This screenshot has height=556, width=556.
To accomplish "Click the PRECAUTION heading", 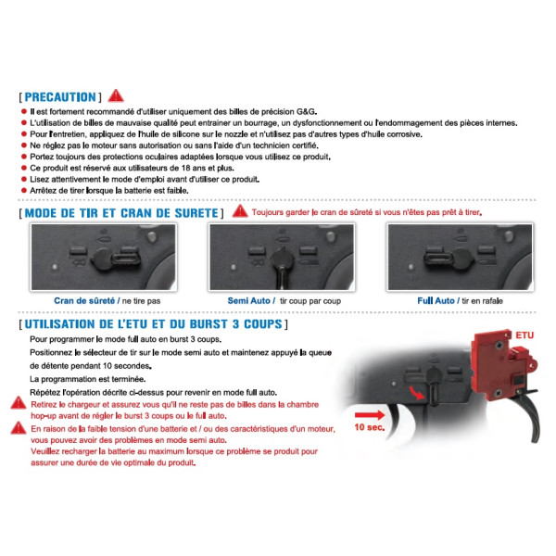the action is point(60,96).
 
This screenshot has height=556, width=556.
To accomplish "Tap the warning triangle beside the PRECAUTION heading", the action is point(116,95).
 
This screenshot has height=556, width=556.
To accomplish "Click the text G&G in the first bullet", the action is point(306,112).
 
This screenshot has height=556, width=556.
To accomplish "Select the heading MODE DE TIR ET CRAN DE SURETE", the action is point(121,213).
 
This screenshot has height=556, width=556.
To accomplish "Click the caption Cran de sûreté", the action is point(84,300).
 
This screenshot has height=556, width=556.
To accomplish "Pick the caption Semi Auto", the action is point(248,300).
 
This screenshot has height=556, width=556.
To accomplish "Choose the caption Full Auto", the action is point(436,300).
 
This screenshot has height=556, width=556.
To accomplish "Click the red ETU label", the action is point(524,335).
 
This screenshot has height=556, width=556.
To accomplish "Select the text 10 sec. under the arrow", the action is point(369,427).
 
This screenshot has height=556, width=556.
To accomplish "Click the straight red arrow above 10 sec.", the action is point(370,415).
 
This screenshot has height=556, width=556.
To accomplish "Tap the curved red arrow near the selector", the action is point(416,393).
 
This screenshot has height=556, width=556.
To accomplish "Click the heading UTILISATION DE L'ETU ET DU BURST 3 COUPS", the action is point(153,324).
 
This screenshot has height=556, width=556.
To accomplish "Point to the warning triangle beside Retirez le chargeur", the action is point(19,403).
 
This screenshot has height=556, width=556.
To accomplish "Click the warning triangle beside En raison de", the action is point(19,427).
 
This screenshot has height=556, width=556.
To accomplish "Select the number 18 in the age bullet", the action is point(185,168).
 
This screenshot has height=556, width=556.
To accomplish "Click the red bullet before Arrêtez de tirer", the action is point(24,190).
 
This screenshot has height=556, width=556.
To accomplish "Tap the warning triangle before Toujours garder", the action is point(240,211).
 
